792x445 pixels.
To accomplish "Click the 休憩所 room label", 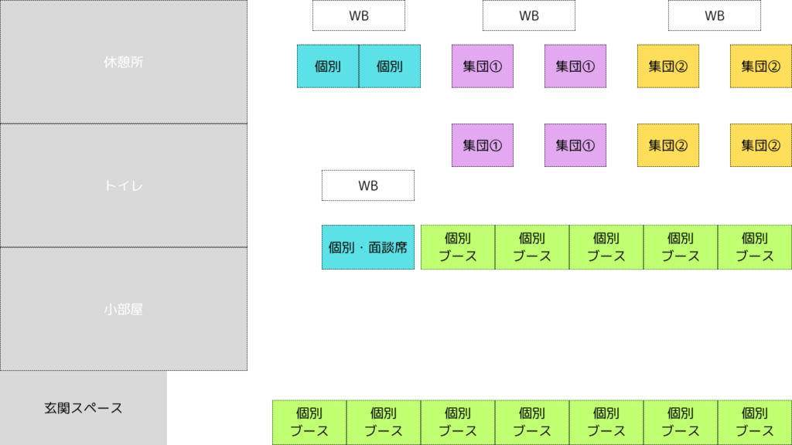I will pos(124,62).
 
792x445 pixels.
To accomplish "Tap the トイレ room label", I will pos(124,185).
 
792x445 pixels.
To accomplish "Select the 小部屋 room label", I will pos(124,309).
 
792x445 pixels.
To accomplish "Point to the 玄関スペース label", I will pos(84,408).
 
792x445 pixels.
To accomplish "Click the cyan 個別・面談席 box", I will pos(368,247).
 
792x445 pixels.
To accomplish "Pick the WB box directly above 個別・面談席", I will pos(368,185).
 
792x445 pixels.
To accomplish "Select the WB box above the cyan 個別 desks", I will pos(359,15).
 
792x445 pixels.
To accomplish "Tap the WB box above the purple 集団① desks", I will pos(529,15).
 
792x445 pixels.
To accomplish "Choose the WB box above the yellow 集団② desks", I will pos(715,15).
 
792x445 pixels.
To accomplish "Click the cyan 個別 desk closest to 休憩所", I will pos(328,66).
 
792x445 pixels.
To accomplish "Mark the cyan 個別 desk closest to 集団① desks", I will pos(390,66).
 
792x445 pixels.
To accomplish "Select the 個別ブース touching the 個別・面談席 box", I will pos(458,247).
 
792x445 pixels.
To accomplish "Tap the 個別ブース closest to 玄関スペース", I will pos(309,422).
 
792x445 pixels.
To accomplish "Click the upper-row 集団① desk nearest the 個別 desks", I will pos(483,66).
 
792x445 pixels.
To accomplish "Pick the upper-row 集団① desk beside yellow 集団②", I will pos(575,66).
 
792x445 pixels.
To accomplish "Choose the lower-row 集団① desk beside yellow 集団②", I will pos(575,145).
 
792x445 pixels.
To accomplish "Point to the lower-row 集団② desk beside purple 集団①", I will pos(668,145).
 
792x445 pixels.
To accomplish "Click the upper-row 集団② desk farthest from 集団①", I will pos(761,66).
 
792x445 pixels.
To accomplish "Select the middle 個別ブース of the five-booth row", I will pos(606,247).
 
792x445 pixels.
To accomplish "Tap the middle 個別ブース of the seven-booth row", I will pos(532,422).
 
